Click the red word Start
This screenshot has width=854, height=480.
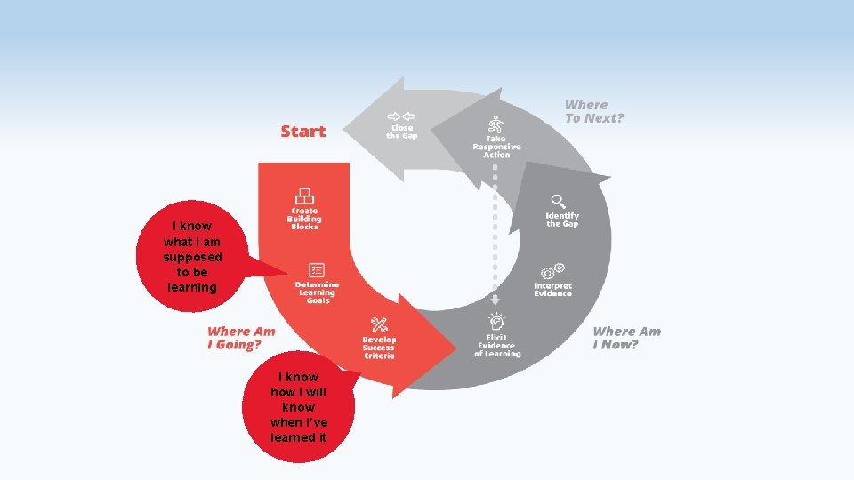point(303,132)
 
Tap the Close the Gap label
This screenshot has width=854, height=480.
point(401,132)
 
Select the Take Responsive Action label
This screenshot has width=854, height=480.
point(496,147)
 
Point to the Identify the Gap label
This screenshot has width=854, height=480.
point(562,220)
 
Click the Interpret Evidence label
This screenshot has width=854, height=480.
point(552,290)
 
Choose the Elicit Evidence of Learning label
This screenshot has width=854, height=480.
point(497,346)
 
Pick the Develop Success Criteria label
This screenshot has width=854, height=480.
point(379,348)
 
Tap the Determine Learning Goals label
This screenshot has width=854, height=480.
point(317,292)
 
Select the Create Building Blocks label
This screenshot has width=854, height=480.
point(304,219)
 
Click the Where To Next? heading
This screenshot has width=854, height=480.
point(594,111)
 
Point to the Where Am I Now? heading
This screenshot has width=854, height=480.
point(626,338)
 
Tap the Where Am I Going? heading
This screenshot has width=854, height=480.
point(241,338)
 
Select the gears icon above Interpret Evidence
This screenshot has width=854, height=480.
point(552,270)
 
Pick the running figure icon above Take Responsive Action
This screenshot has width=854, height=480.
point(495,124)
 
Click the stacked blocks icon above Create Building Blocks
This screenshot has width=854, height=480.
point(304,196)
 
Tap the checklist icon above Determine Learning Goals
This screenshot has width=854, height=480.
point(317,270)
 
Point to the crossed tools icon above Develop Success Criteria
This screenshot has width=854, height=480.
point(379,324)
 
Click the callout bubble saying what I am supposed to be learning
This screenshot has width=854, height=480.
point(192,256)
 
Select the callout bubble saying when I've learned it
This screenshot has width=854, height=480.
point(298,407)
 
